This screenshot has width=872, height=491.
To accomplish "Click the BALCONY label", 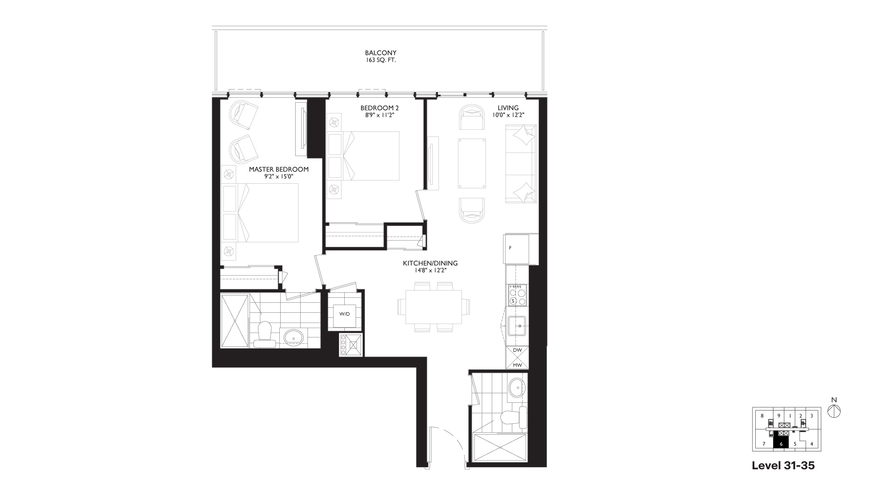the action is (x=381, y=53).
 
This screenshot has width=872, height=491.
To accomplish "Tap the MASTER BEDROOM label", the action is (x=279, y=170).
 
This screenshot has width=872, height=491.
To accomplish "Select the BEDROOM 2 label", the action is (x=380, y=108).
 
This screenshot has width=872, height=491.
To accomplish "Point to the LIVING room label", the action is (x=508, y=108).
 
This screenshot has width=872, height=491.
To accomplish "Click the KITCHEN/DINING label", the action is (x=430, y=263).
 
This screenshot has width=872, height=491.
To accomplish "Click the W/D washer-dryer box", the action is (x=345, y=314).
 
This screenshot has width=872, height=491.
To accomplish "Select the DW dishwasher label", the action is (x=517, y=351).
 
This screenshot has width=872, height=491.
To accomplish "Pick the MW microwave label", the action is (x=517, y=365).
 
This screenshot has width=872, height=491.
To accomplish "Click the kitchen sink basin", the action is (x=517, y=326).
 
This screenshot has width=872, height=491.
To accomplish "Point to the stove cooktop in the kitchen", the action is (x=518, y=295).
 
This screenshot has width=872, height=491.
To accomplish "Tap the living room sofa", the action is (x=521, y=164).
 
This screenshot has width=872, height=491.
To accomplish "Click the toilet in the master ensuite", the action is (x=264, y=335).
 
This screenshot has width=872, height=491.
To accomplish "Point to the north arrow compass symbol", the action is (x=834, y=411).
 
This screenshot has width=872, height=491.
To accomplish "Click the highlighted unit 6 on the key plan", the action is (x=781, y=443).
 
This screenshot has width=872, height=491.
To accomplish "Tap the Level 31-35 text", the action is (x=783, y=466).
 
